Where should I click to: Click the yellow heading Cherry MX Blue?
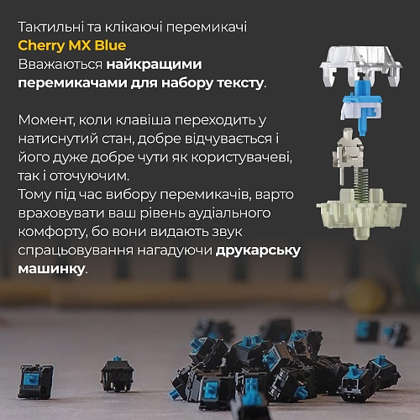tap(72, 46)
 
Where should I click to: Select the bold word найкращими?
tap(154, 65)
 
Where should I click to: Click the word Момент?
tap(46, 120)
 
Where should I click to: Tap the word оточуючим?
tap(89, 176)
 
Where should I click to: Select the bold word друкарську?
tap(258, 251)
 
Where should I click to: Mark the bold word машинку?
tap(51, 269)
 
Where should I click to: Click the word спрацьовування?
tap(76, 251)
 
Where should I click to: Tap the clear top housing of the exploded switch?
tap(361, 65)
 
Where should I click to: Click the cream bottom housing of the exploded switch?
tap(361, 212)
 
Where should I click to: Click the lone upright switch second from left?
tap(117, 374)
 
